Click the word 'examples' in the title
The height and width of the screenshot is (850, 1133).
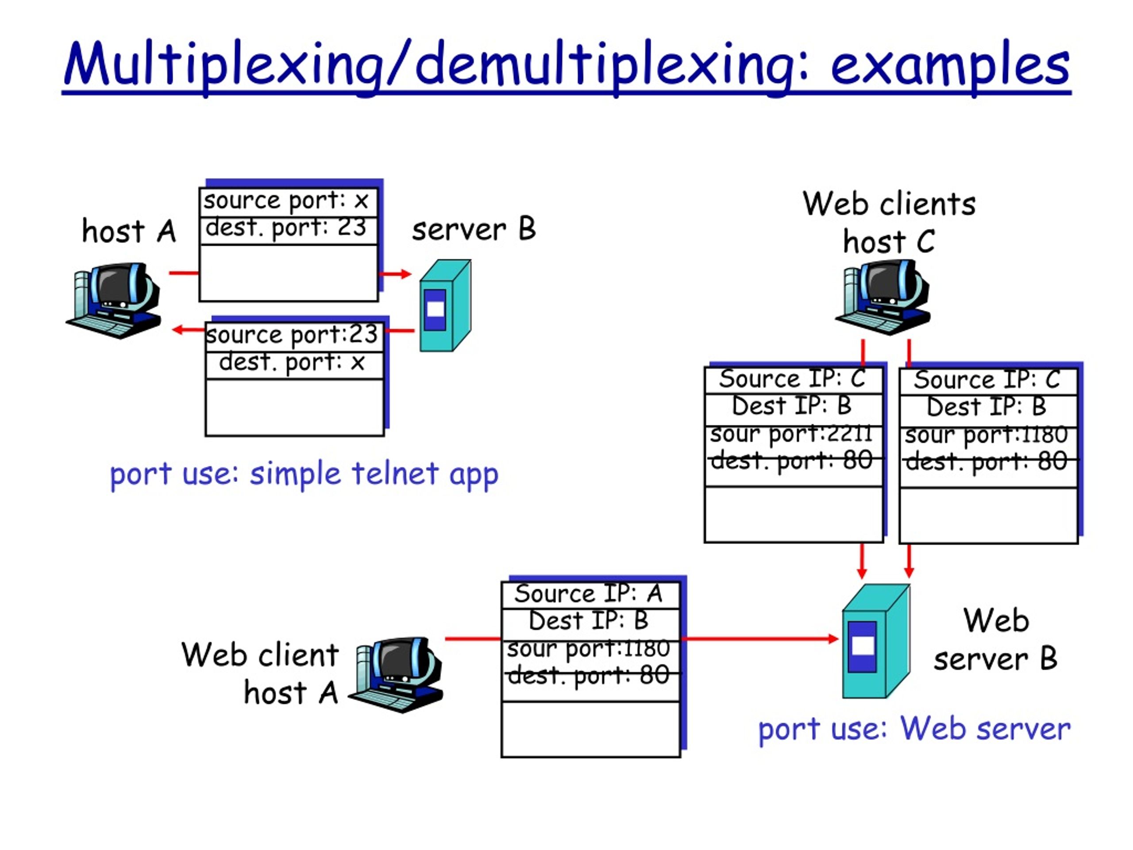tap(950, 64)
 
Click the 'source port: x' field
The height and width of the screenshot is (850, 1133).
tap(288, 202)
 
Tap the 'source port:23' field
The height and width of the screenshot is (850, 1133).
tap(294, 336)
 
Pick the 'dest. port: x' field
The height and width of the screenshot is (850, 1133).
tap(294, 365)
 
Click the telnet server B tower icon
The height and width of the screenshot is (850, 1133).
tap(445, 306)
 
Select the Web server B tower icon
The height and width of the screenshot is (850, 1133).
tap(876, 641)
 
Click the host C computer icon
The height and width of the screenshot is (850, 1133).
tap(883, 297)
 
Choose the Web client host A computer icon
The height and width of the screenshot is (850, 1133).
tap(395, 675)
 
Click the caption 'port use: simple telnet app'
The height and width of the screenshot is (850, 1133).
tap(304, 475)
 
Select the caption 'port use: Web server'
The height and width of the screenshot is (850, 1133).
tap(914, 729)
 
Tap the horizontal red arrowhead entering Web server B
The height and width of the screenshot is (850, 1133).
tap(833, 638)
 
